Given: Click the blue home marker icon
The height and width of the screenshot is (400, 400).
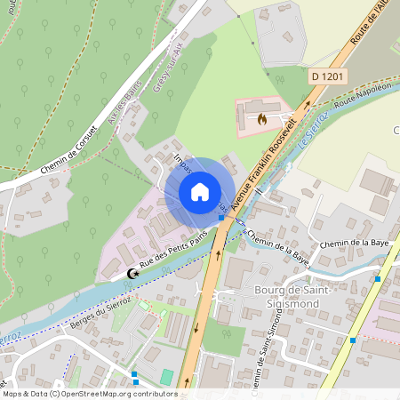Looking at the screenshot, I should [200, 191].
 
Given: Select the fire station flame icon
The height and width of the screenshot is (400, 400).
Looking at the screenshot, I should [261, 117].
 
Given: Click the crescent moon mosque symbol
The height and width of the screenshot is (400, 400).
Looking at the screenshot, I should [133, 275].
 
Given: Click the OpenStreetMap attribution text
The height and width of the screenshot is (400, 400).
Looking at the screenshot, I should [89, 393].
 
